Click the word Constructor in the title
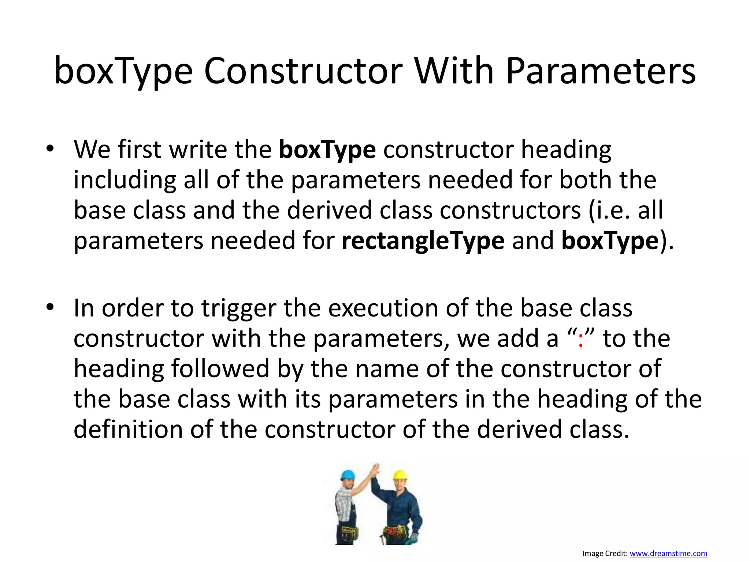pos(303,71)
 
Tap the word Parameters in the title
pos(601,71)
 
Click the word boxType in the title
pos(123,71)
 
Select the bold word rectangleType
pos(423,241)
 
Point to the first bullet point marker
pos(50,149)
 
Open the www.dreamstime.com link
pos(668,554)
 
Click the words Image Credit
pos(605,554)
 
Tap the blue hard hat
pos(348,475)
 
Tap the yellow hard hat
pos(400,475)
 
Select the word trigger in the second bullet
pos(239,308)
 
